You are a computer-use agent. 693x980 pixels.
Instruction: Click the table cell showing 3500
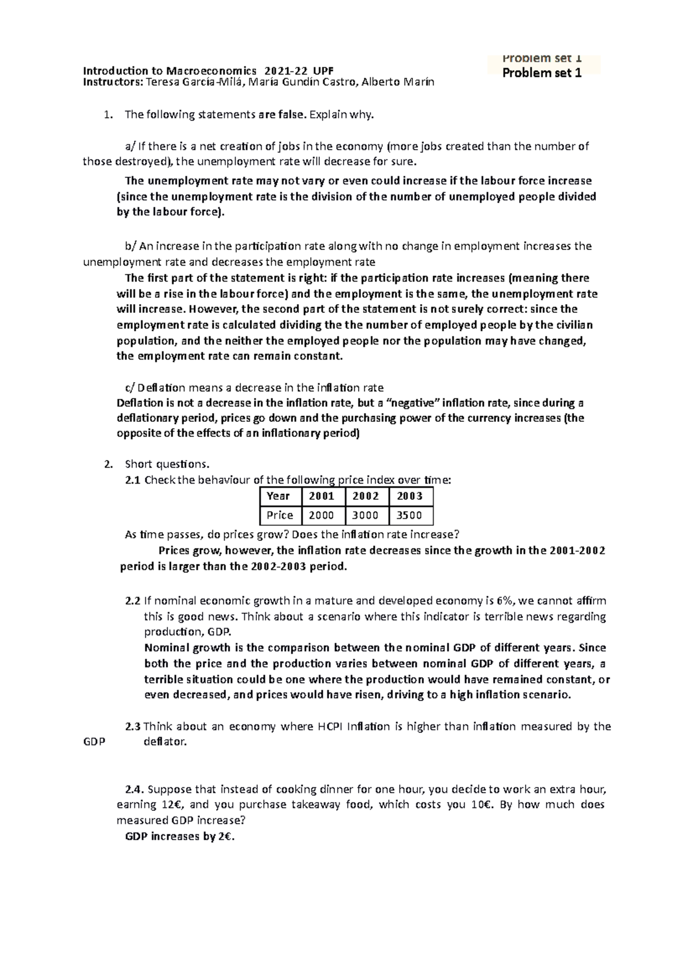[x=409, y=515]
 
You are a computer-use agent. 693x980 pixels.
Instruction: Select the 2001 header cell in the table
[x=322, y=496]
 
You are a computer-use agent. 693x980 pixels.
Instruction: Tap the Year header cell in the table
[x=278, y=496]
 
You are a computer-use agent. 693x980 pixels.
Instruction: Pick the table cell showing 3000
[x=366, y=515]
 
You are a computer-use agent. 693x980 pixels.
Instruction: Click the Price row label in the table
[x=280, y=515]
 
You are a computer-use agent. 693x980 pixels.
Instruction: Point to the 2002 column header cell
[x=366, y=496]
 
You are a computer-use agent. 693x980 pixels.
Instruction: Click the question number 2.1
[x=133, y=480]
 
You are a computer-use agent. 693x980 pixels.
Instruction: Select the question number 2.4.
[x=134, y=789]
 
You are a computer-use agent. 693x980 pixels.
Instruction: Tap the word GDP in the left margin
[x=94, y=742]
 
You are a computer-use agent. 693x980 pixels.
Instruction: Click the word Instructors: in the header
[x=113, y=82]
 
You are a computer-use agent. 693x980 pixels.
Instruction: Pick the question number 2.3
[x=133, y=727]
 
